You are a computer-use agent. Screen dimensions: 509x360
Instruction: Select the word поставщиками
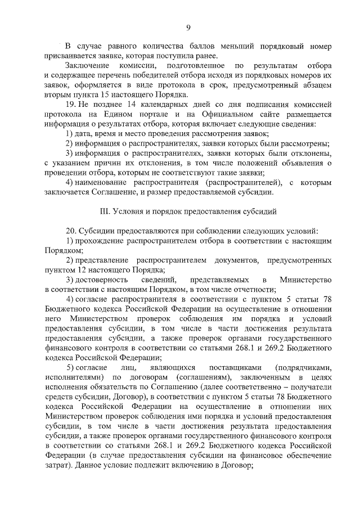click(231, 367)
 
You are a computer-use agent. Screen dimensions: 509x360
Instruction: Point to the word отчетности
click(256, 289)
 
